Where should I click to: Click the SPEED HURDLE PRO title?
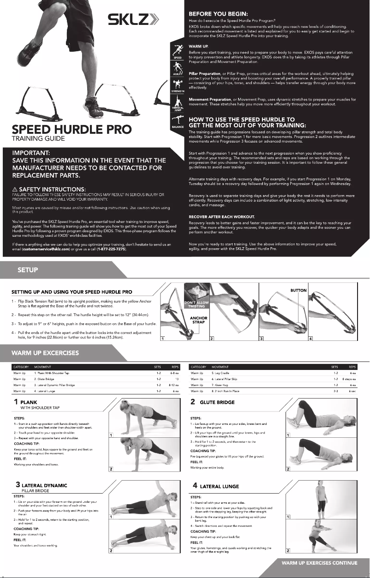pyautogui.click(x=72, y=130)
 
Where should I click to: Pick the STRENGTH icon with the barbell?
pyautogui.click(x=177, y=85)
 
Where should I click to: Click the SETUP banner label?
pyautogui.click(x=28, y=270)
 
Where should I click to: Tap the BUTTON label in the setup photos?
pyautogui.click(x=298, y=291)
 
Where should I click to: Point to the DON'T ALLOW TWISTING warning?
pyautogui.click(x=194, y=304)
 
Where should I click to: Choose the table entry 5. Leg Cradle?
pyautogui.click(x=220, y=372)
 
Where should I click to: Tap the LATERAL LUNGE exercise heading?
pyautogui.click(x=219, y=486)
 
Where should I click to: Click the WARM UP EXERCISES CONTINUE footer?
pyautogui.click(x=319, y=563)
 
